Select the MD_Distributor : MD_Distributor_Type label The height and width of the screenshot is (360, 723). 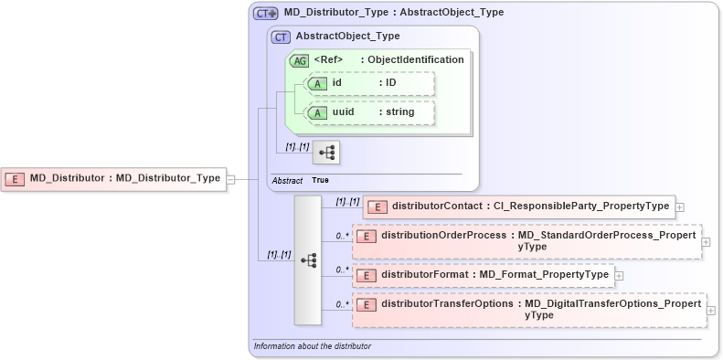coord(124,179)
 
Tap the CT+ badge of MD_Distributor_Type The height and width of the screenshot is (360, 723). coord(266,14)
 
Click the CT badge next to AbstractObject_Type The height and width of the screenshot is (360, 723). coord(282,37)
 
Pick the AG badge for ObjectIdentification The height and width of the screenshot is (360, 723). coord(299,60)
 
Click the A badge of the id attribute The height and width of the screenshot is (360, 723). coord(317,83)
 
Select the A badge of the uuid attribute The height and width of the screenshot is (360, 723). coord(317,112)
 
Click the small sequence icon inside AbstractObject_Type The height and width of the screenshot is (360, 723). coord(325,152)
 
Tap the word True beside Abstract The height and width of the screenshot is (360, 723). coord(320,181)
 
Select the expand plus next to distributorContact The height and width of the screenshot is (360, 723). coord(681,207)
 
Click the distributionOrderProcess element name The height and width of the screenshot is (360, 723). coord(447,236)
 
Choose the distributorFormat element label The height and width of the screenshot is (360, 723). coord(494,274)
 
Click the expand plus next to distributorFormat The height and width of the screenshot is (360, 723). coord(620,275)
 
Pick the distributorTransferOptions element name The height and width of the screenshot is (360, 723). coord(448,304)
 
